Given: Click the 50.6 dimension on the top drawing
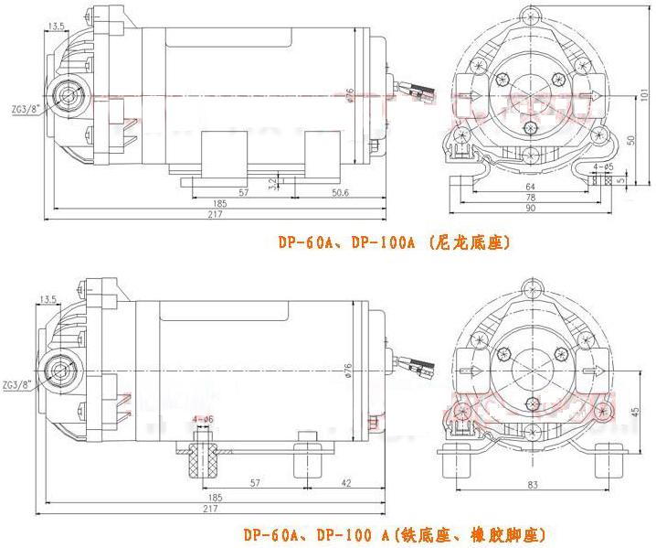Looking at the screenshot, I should pyautogui.click(x=340, y=192).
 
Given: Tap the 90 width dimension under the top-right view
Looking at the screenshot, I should pyautogui.click(x=530, y=210).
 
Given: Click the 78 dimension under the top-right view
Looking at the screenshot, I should pyautogui.click(x=530, y=198).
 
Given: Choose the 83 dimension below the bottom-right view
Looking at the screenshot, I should pyautogui.click(x=531, y=483).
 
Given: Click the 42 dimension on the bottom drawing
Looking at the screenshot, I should pyautogui.click(x=346, y=482).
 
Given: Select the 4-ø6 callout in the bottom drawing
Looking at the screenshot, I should pyautogui.click(x=203, y=419).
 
